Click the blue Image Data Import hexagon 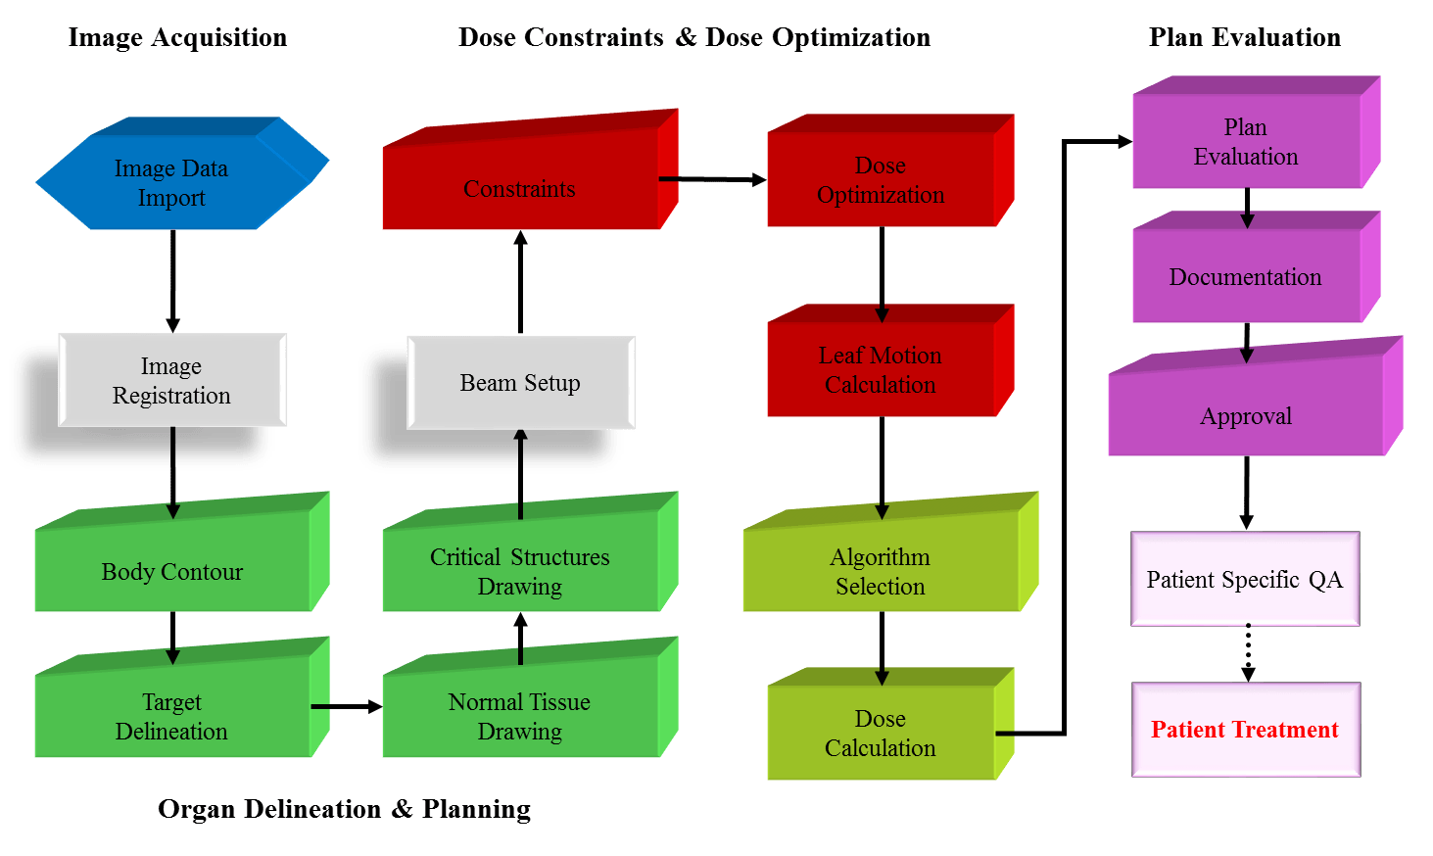(172, 183)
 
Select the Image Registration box (172, 380)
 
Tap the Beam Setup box (520, 383)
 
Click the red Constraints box (519, 188)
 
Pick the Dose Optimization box (880, 180)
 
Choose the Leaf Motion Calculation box (880, 370)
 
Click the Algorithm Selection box (880, 571)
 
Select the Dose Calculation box (880, 733)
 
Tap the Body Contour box (172, 571)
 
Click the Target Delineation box (172, 716)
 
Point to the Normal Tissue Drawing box (519, 716)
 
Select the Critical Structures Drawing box (519, 571)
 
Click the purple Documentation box (1245, 277)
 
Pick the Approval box (1245, 416)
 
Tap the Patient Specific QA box (1245, 579)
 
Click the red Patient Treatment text (1244, 730)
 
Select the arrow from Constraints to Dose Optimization (712, 179)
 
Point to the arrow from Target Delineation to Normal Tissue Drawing (346, 706)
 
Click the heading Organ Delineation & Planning (344, 809)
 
